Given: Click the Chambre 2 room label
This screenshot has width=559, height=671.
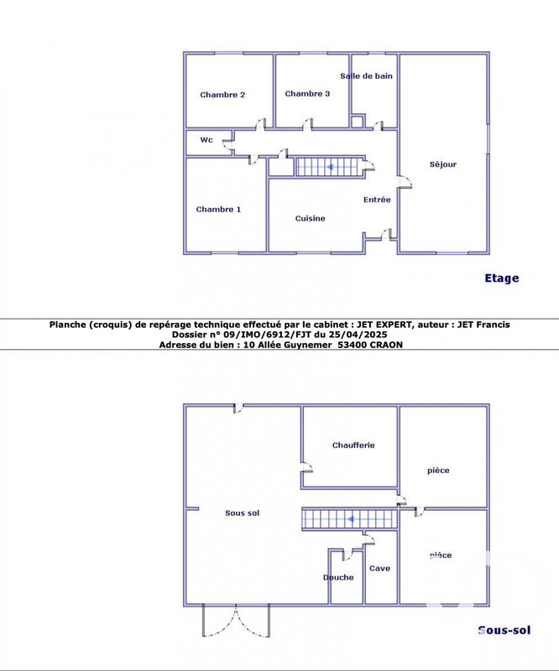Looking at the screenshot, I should click(x=222, y=95).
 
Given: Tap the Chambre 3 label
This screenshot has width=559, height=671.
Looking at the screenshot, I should click(x=307, y=94).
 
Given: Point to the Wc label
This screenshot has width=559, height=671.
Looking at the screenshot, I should click(x=206, y=140).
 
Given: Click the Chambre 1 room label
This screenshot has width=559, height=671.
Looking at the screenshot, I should click(x=218, y=209).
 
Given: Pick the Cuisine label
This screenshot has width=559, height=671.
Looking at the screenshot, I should click(x=310, y=218).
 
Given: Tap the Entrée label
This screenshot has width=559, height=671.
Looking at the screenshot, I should click(x=377, y=200).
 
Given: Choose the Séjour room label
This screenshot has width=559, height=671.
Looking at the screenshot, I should click(x=442, y=164).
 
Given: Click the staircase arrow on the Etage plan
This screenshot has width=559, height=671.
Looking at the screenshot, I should click(x=331, y=167).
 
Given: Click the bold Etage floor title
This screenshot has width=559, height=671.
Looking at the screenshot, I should click(x=502, y=278).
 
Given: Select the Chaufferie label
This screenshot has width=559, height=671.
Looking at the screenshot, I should click(x=353, y=445).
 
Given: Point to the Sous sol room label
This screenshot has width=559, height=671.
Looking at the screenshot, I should click(x=243, y=512).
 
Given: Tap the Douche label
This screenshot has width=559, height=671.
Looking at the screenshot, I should click(x=338, y=577).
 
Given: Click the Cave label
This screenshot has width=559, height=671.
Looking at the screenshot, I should click(x=379, y=569).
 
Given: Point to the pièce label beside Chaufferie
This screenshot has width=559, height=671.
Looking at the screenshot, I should click(x=438, y=471).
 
